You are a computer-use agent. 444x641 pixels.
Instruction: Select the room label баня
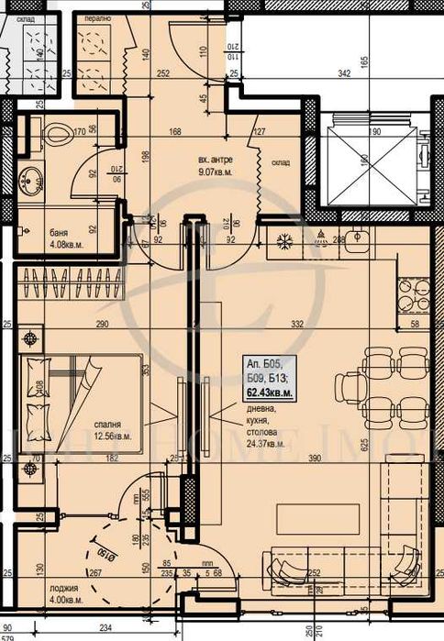click(x=38, y=234)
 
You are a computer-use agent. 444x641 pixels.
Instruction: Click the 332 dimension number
click(x=295, y=325)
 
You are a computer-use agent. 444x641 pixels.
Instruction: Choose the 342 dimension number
click(x=345, y=72)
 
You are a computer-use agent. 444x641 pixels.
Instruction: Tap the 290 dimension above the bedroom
click(x=103, y=325)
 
